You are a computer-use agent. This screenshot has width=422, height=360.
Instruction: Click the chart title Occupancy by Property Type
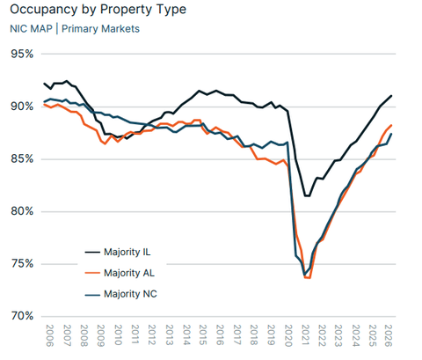tap(98, 10)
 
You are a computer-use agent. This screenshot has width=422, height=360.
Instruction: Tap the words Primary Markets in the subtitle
tap(100, 29)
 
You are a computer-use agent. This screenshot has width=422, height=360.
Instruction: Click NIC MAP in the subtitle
tap(31, 29)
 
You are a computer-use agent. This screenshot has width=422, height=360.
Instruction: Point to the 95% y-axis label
tap(22, 54)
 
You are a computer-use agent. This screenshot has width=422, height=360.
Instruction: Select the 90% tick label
tap(22, 107)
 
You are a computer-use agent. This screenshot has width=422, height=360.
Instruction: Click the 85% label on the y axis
tap(22, 159)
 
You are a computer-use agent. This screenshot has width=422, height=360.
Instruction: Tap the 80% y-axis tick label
tap(22, 211)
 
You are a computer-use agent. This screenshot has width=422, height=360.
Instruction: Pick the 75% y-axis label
tap(22, 264)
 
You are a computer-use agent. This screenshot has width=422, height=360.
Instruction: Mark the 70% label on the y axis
tap(22, 316)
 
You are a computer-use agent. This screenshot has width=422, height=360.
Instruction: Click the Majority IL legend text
tap(127, 252)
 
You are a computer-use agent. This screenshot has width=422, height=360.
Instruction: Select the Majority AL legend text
tap(129, 273)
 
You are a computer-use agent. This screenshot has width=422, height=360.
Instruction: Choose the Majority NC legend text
tap(130, 294)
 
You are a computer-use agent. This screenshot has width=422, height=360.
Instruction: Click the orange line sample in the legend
tap(92, 273)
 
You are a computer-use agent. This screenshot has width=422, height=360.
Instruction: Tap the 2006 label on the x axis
tap(50, 335)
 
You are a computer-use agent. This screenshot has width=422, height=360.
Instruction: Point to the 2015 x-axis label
tap(203, 335)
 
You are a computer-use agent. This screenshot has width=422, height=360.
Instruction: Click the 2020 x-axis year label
tap(288, 335)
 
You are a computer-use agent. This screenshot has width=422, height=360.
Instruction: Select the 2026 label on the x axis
tap(389, 335)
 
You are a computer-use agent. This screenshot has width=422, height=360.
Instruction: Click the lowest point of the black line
tap(307, 196)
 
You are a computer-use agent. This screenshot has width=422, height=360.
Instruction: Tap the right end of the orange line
tap(391, 125)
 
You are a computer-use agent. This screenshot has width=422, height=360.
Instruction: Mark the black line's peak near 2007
tap(67, 81)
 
